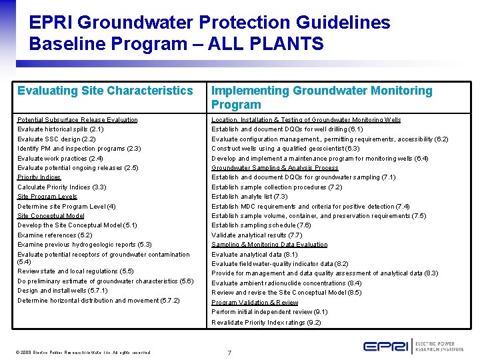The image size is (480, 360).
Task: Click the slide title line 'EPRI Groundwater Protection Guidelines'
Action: click(209, 22)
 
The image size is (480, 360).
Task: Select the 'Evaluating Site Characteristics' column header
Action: click(105, 91)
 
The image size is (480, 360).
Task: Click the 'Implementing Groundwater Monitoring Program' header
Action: click(321, 97)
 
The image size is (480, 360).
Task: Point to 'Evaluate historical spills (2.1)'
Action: click(60, 129)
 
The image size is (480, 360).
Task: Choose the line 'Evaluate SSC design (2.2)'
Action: click(56, 139)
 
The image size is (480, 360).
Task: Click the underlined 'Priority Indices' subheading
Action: click(39, 177)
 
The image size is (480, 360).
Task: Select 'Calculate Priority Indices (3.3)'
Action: click(61, 187)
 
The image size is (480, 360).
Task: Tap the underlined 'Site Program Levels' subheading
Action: click(47, 197)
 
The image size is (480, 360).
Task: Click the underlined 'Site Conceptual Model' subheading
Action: click(51, 216)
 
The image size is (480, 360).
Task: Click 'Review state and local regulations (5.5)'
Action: click(75, 271)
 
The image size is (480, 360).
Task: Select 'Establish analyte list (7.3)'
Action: click(249, 197)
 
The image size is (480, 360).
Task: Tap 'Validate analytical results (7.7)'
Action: click(257, 235)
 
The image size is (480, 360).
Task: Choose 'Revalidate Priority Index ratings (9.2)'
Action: click(266, 323)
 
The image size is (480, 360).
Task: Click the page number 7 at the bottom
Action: click(229, 352)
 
